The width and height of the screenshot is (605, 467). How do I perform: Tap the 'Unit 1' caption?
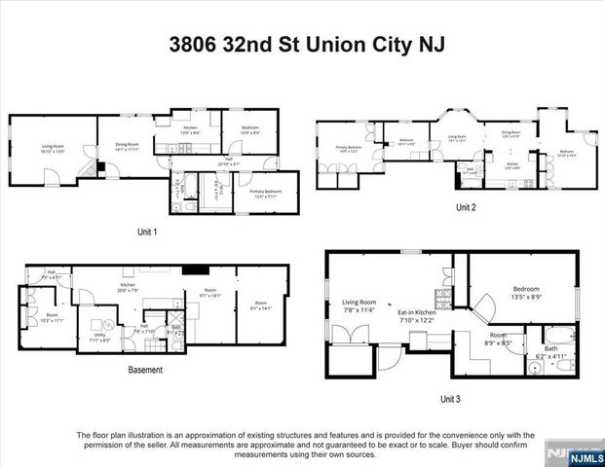click(148, 232)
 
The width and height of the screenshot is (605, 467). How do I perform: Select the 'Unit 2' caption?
click(466, 208)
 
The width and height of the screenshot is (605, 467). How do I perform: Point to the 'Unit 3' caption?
click(451, 399)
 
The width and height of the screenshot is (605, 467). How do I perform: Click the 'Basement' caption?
click(145, 370)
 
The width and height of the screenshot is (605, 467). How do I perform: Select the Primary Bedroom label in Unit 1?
click(265, 193)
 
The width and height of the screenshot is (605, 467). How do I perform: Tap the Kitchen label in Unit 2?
click(512, 165)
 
